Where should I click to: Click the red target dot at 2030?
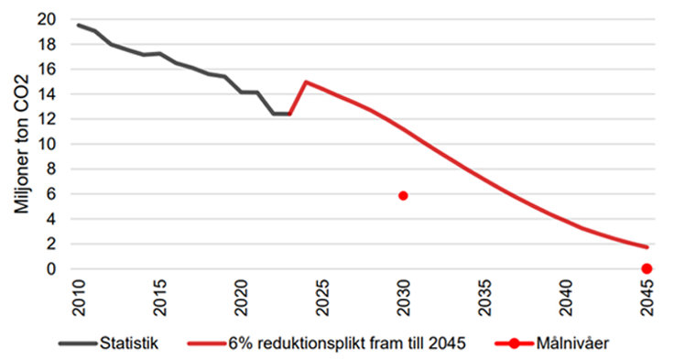click(403, 195)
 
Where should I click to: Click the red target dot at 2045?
click(647, 268)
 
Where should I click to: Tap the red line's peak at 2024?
click(305, 82)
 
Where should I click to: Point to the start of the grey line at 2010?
click(78, 25)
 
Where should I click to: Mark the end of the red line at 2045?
click(647, 247)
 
